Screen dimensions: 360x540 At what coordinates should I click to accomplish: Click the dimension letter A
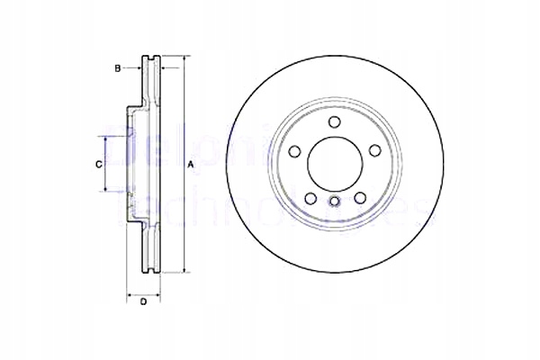coord(190,165)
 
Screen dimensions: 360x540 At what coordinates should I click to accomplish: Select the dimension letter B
coord(117,67)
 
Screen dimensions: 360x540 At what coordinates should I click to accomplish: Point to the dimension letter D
coord(143,301)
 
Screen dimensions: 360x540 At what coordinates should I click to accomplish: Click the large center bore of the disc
coord(333,163)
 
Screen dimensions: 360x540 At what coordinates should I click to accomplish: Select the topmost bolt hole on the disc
coord(333,122)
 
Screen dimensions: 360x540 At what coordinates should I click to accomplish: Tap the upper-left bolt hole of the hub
coord(294,150)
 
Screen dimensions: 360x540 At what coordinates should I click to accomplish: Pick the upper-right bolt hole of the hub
coord(372,150)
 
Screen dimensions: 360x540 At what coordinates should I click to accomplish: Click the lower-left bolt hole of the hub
coord(309,197)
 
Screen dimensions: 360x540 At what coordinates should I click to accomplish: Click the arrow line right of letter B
coord(133,67)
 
